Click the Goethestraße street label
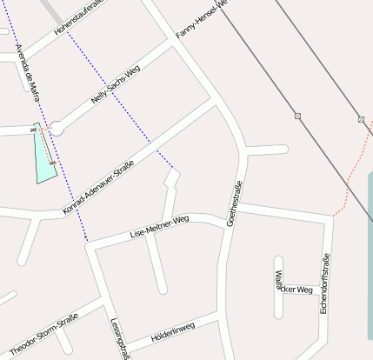pyautogui.click(x=234, y=203)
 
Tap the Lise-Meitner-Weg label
pyautogui.click(x=159, y=229)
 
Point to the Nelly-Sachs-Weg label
pyautogui.click(x=116, y=86)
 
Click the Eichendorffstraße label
pyautogui.click(x=324, y=283)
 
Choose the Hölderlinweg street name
pyautogui.click(x=173, y=332)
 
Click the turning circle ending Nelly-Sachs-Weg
pyautogui.click(x=57, y=129)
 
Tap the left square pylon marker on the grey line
pyautogui.click(x=297, y=116)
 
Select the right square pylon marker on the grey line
pyautogui.click(x=362, y=118)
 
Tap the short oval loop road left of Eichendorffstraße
pyautogui.click(x=279, y=277)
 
